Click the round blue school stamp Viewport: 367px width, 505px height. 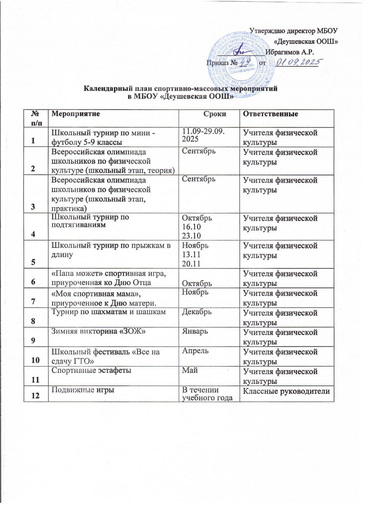point(240,56)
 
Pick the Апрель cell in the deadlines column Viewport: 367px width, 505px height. point(191,349)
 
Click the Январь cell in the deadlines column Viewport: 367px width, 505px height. point(192,330)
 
